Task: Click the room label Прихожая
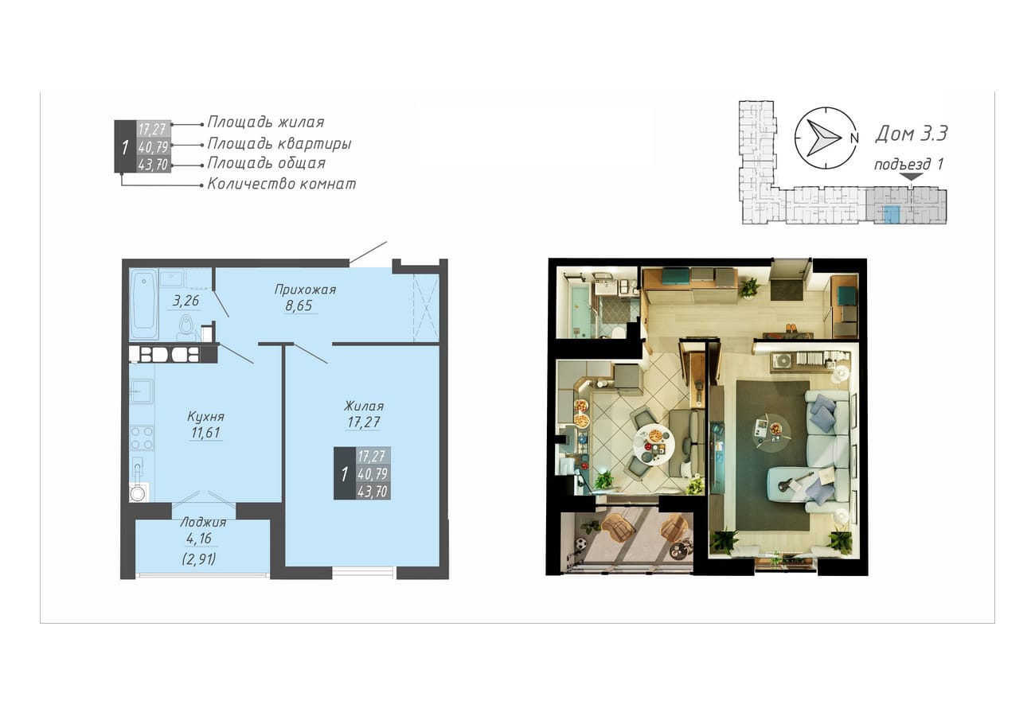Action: [305, 290]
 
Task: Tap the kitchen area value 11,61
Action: [205, 433]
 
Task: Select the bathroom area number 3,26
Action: [186, 301]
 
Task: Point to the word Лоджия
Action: [203, 522]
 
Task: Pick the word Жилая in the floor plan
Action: [364, 407]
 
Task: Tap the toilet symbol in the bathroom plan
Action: [186, 329]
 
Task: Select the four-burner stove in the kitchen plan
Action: [142, 438]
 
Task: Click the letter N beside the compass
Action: [854, 138]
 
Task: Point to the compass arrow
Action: [823, 138]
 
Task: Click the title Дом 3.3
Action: [911, 134]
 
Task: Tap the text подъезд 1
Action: [908, 164]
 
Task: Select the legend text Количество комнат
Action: [281, 184]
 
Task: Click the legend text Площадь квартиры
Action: [279, 143]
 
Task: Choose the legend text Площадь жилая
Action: [266, 122]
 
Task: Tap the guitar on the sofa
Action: [795, 480]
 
